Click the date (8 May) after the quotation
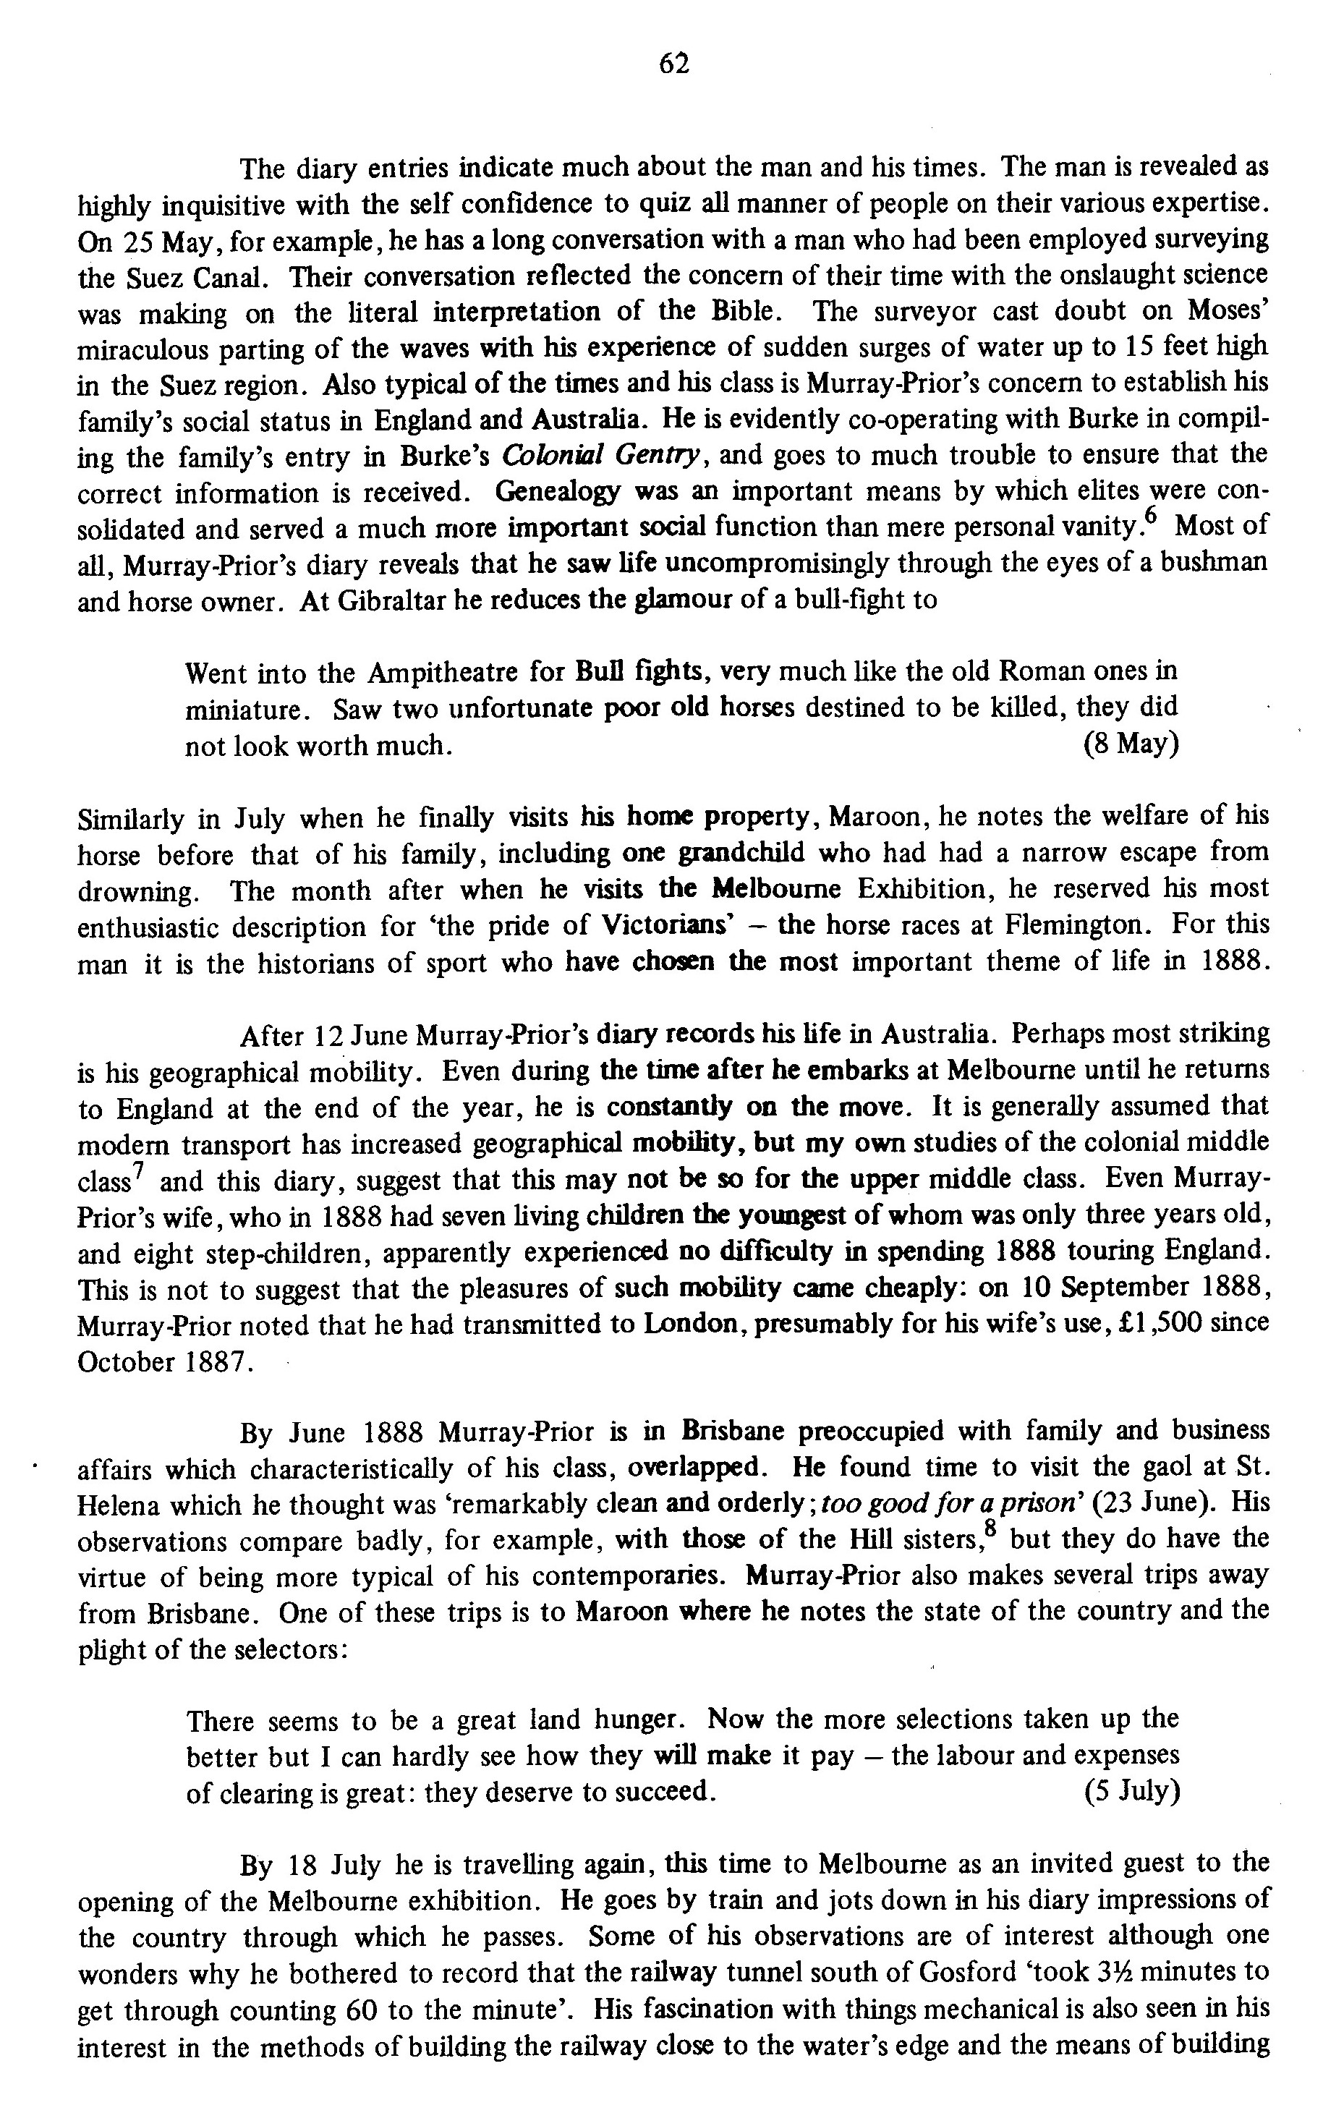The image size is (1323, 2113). pyautogui.click(x=1130, y=744)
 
